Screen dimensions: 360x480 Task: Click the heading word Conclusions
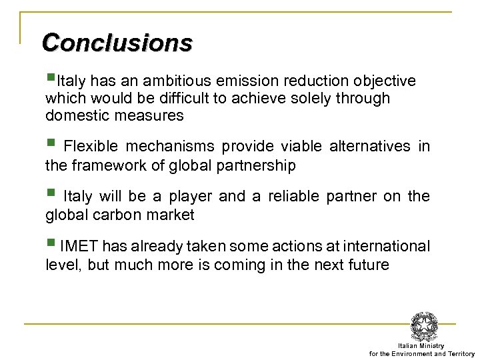click(117, 43)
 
